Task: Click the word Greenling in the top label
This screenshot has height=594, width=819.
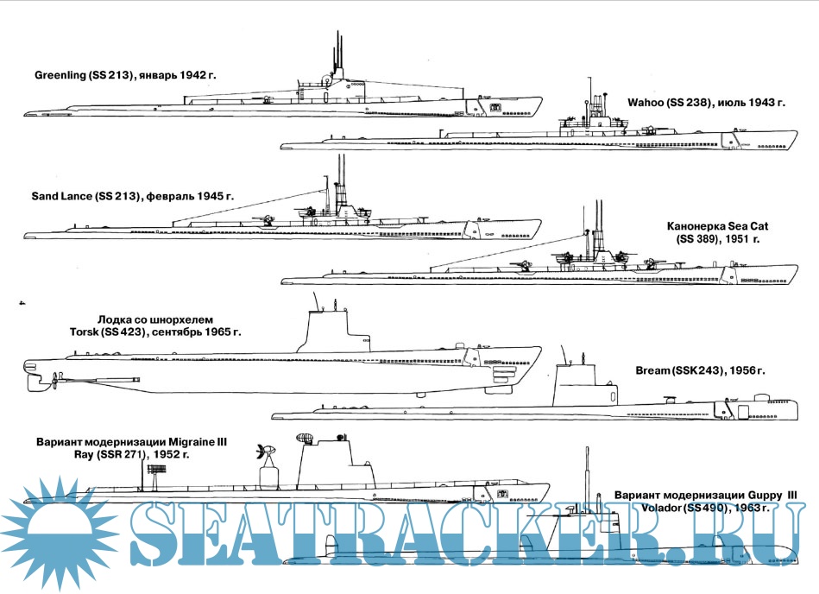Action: click(60, 76)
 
